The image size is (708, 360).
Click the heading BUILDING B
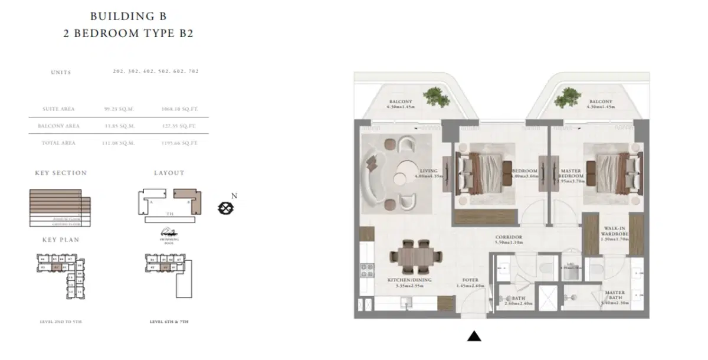[128, 16]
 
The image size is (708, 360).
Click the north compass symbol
[225, 207]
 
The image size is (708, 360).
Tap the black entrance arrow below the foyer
[474, 336]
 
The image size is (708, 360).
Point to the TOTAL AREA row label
[58, 143]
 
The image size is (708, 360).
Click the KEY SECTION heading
[61, 173]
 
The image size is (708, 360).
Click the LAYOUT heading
[169, 173]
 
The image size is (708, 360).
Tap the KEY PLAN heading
[61, 240]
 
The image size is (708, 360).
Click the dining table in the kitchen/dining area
[415, 256]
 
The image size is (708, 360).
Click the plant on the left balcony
[435, 96]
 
